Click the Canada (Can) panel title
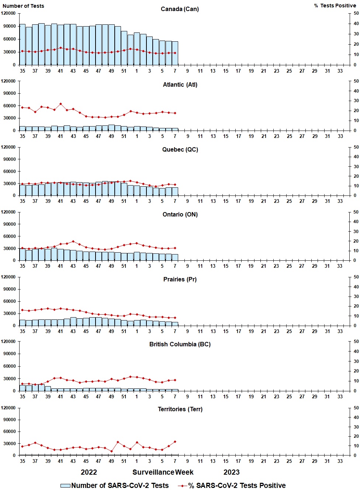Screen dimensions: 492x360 click(180, 9)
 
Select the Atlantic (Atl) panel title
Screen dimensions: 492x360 click(180, 84)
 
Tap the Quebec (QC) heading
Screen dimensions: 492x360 click(180, 149)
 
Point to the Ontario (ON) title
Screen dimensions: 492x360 click(180, 214)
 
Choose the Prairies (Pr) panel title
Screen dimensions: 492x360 click(180, 279)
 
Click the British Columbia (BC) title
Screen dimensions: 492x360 click(180, 344)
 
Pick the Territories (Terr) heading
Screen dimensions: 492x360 click(180, 409)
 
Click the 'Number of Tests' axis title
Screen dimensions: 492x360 click(23, 6)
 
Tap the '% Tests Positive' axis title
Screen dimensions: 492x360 click(335, 6)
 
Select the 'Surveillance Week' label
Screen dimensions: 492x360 click(163, 472)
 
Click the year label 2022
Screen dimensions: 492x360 click(89, 472)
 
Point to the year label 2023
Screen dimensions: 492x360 click(231, 472)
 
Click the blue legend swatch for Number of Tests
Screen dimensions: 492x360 click(65, 486)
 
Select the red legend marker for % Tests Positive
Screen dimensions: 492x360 click(183, 486)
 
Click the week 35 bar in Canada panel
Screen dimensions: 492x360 click(22, 45)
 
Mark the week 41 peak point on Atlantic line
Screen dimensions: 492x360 click(60, 104)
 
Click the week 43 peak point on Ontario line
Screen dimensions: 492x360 click(73, 242)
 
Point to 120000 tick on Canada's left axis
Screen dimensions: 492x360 click(8, 13)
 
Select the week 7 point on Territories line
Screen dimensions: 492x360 click(175, 441)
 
